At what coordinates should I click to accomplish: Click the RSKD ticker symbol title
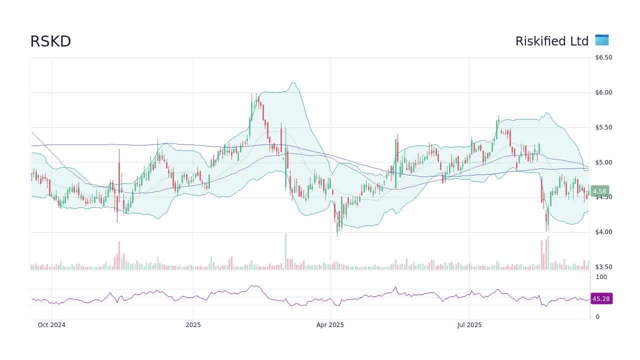pos(50,41)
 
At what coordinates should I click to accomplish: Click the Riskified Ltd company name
pos(552,41)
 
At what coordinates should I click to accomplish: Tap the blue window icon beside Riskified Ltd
pos(602,40)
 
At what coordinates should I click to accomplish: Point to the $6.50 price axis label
pos(603,57)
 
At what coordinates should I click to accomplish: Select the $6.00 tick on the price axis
pos(603,92)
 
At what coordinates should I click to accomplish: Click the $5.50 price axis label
pos(603,127)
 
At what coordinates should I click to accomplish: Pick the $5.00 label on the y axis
pos(603,162)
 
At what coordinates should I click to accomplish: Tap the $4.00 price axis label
pos(603,232)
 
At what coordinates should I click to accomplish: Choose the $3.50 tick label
pos(603,267)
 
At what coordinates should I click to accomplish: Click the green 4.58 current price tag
pos(599,191)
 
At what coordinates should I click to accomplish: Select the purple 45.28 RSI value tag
pos(601,299)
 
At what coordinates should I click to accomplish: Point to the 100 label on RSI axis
pos(601,277)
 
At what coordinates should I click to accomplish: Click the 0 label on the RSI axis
pos(597,317)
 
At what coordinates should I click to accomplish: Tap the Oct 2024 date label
pos(51,325)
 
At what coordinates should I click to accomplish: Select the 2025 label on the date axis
pos(193,325)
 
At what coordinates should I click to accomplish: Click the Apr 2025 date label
pos(330,325)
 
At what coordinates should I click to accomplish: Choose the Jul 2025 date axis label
pos(469,325)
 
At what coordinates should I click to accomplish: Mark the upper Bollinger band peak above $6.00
pos(293,83)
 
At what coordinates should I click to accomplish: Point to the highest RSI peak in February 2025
pos(253,286)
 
